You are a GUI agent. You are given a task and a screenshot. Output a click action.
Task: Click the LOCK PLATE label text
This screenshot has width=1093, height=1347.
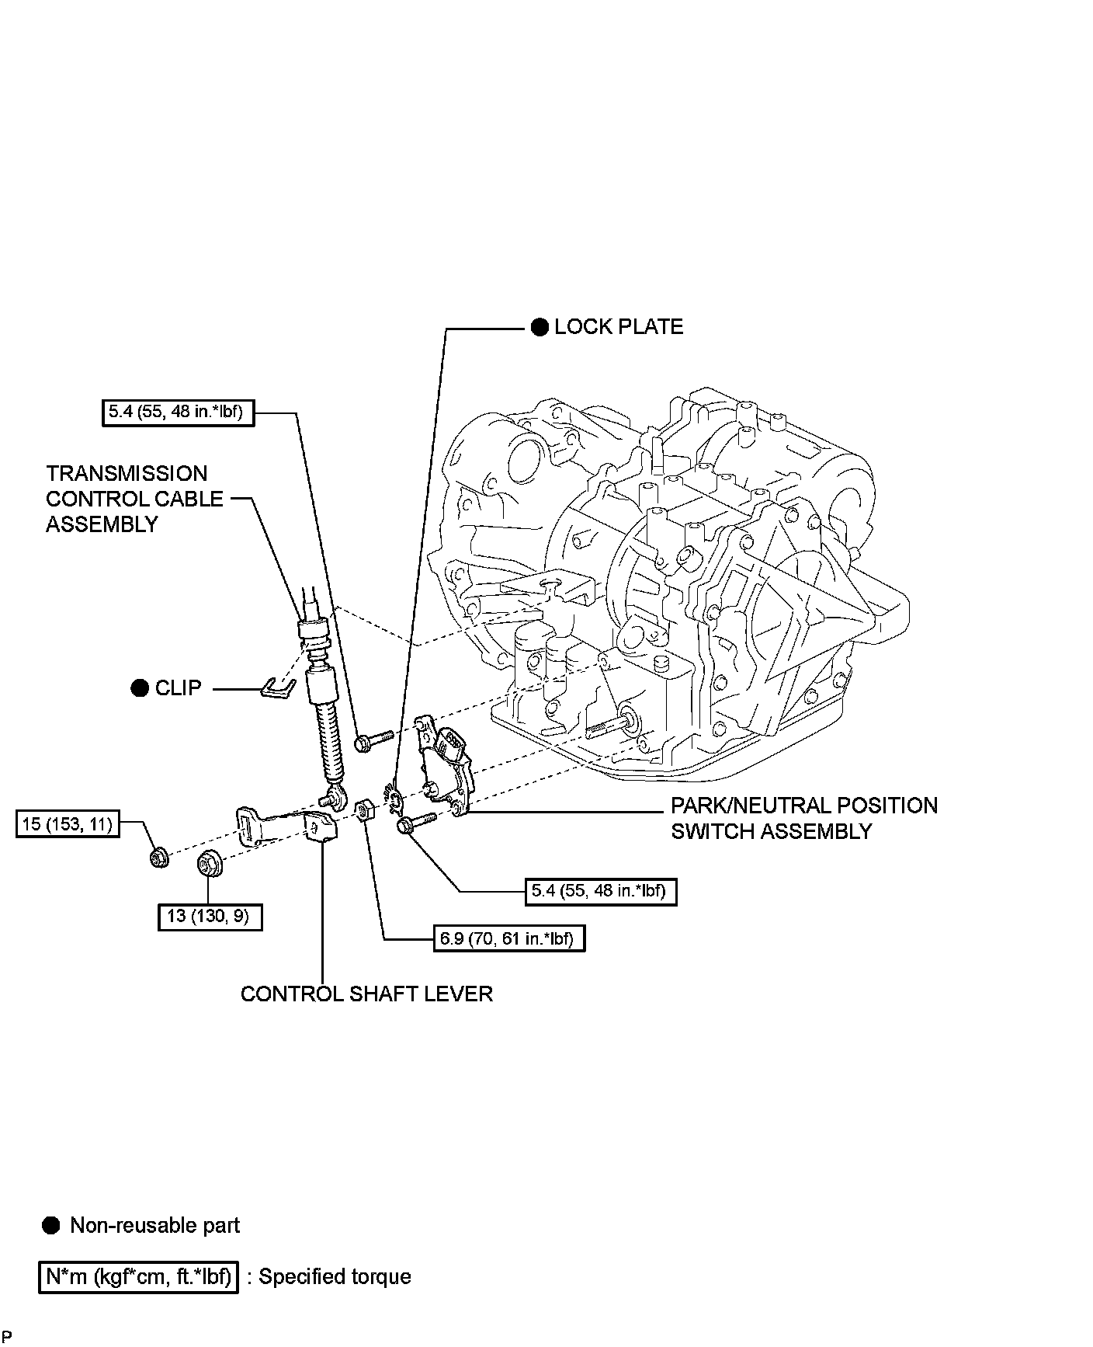pyautogui.click(x=619, y=327)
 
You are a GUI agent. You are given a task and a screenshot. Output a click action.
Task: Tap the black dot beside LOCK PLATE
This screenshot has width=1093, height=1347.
pyautogui.click(x=540, y=327)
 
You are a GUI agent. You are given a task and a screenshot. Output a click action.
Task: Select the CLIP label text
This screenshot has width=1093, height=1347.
pyautogui.click(x=178, y=688)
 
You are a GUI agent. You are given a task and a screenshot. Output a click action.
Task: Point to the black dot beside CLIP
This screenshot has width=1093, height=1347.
pyautogui.click(x=140, y=688)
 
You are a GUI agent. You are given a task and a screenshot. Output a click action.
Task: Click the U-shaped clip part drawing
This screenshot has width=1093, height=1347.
pyautogui.click(x=277, y=687)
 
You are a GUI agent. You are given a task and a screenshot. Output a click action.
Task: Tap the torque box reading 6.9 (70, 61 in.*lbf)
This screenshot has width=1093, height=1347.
pyautogui.click(x=508, y=938)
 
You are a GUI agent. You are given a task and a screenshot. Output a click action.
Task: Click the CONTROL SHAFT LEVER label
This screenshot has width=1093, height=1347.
pyautogui.click(x=366, y=994)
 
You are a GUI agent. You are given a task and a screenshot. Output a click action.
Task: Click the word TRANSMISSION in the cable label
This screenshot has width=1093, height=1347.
pyautogui.click(x=127, y=473)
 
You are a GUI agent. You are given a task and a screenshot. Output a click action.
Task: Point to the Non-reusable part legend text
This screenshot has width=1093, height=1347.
pyautogui.click(x=154, y=1225)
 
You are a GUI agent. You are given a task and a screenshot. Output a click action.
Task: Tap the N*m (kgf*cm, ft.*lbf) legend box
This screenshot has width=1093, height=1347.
pyautogui.click(x=137, y=1276)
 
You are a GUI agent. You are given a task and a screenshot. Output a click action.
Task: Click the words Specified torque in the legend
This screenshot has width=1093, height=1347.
pyautogui.click(x=335, y=1276)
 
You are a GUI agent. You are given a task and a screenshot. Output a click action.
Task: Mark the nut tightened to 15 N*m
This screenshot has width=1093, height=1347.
pyautogui.click(x=158, y=858)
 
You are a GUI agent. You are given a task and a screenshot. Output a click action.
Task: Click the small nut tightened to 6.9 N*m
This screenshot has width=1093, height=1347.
pyautogui.click(x=363, y=810)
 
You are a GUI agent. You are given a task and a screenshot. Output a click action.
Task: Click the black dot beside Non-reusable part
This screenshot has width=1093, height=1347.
pyautogui.click(x=50, y=1225)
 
